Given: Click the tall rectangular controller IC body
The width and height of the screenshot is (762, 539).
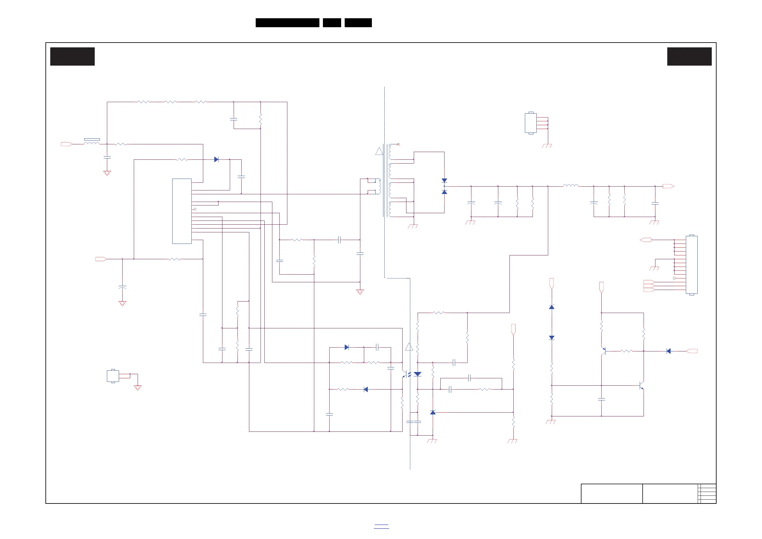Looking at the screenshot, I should (181, 211).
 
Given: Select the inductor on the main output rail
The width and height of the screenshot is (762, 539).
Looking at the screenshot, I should (571, 186).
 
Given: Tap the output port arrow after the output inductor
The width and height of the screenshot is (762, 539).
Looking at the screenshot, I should (668, 186).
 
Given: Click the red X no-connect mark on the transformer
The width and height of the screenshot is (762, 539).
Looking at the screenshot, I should (398, 144).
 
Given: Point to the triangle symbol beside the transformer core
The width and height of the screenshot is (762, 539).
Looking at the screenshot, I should (379, 151).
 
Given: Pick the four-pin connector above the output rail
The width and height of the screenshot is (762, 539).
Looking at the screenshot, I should (530, 123).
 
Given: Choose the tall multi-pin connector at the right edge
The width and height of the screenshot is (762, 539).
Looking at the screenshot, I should (691, 265).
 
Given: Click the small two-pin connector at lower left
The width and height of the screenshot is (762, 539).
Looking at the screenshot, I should (113, 376).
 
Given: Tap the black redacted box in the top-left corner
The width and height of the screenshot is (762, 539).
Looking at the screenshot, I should (72, 56).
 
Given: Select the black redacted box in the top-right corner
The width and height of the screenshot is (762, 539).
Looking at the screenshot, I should (689, 56).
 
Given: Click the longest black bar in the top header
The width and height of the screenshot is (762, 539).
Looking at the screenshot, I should (287, 23).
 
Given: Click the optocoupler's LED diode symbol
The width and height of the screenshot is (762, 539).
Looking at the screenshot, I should (418, 374).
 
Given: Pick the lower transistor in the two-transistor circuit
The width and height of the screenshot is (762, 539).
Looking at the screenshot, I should (642, 386).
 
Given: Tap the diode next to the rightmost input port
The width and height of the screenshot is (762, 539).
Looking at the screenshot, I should (669, 351).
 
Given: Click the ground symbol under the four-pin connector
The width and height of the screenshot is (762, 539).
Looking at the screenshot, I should (547, 146).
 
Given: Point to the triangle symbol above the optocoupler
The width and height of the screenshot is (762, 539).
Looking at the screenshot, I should (409, 347).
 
